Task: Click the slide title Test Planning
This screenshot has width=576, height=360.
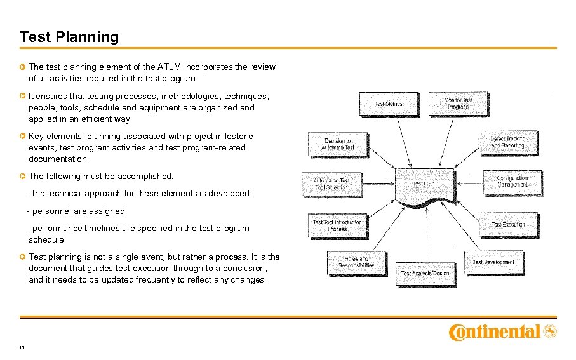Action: click(x=69, y=37)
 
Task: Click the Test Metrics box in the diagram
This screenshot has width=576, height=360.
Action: click(x=388, y=104)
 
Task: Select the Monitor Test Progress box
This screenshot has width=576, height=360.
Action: click(x=458, y=104)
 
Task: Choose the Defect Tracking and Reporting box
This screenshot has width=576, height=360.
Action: click(x=507, y=142)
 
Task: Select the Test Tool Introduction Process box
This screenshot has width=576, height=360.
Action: click(x=337, y=225)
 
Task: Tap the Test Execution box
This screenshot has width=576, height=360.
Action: click(x=507, y=225)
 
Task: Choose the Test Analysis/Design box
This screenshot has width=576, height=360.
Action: click(x=424, y=273)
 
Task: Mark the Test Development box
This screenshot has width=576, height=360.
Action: click(x=493, y=262)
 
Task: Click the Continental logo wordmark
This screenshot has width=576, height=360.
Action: click(x=495, y=331)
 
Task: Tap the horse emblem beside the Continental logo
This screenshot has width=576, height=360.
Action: click(x=550, y=331)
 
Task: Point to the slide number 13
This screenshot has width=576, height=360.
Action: click(x=22, y=347)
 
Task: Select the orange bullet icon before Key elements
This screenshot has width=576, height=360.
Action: click(x=23, y=136)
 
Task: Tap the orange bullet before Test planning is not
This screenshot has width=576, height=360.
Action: click(x=23, y=257)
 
